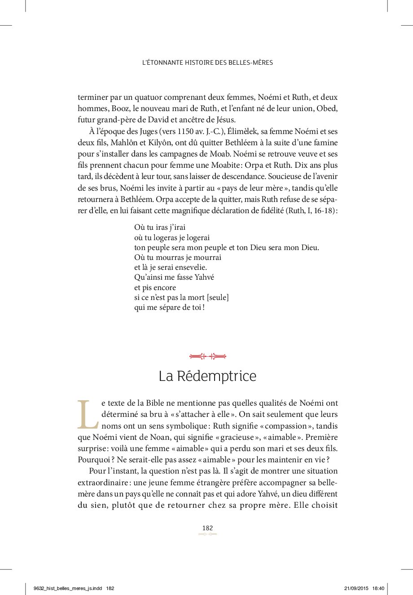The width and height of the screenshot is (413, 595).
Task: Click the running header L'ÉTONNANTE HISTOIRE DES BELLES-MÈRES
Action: click(207, 63)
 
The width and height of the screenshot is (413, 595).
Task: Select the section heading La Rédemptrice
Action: click(207, 376)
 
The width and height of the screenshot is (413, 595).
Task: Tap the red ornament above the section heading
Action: click(207, 356)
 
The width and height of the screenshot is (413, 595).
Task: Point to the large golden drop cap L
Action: click(88, 414)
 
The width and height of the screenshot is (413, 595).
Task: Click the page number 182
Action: click(207, 528)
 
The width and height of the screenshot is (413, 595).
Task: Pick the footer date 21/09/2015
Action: click(357, 588)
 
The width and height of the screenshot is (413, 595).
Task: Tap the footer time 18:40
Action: click(378, 588)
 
